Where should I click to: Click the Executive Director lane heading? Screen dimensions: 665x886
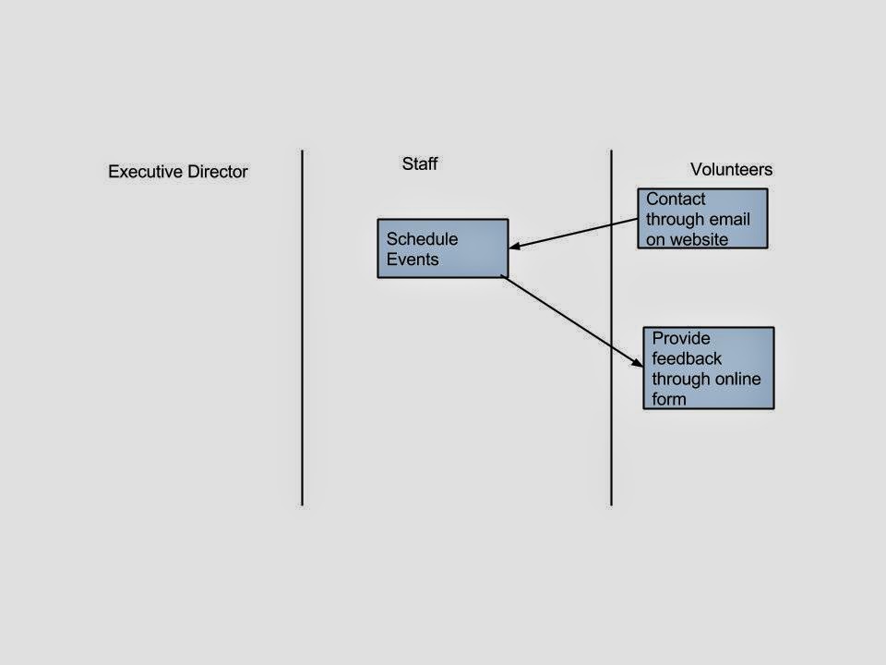tap(178, 172)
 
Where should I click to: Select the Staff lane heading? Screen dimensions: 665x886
tap(419, 164)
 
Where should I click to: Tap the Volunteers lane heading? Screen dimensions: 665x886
tap(731, 170)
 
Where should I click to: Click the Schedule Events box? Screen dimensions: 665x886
tap(443, 248)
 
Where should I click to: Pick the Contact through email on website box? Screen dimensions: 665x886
tap(702, 219)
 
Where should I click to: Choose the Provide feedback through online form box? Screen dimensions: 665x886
tap(709, 368)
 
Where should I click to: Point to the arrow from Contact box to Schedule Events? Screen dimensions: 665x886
tap(572, 233)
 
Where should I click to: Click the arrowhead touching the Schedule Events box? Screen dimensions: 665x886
tap(514, 247)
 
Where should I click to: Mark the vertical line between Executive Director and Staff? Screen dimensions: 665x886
tap(302, 328)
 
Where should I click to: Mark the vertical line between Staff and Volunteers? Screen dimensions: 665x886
tap(611, 328)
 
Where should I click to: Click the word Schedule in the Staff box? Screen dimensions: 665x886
tap(422, 239)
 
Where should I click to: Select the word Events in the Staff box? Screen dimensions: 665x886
tap(413, 260)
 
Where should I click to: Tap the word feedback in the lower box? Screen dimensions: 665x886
tap(688, 358)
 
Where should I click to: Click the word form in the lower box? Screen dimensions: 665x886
tap(669, 399)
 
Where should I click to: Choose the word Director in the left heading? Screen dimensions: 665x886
tap(215, 172)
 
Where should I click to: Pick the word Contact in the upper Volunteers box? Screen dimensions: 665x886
tap(676, 199)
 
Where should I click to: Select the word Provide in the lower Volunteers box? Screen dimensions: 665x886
tap(681, 338)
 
